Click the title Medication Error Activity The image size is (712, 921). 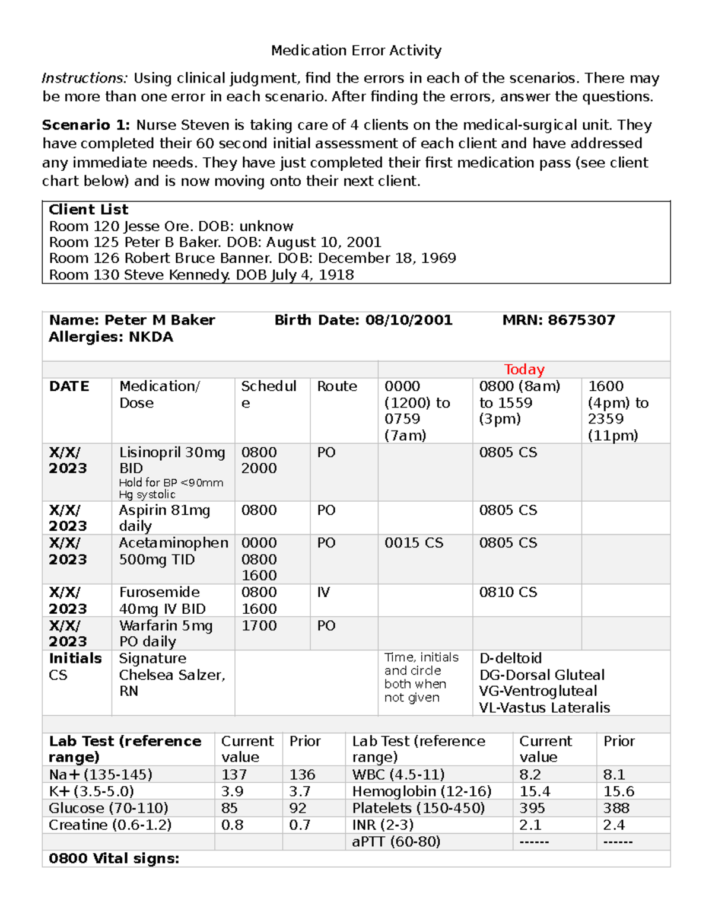click(x=356, y=51)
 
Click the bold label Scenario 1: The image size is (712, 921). click(x=85, y=125)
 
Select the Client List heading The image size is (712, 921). click(x=88, y=210)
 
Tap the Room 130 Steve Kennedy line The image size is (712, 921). click(x=201, y=275)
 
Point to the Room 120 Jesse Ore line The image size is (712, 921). click(x=171, y=227)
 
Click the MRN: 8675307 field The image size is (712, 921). click(x=558, y=320)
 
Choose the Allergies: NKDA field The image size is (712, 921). click(x=111, y=337)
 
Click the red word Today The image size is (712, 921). click(x=524, y=369)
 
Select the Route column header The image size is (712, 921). click(x=337, y=387)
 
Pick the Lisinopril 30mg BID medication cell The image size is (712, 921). click(x=171, y=460)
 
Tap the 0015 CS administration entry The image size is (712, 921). click(x=414, y=543)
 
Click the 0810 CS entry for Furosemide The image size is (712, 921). click(x=508, y=592)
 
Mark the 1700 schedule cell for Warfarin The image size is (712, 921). click(x=259, y=626)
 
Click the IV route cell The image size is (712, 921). click(x=323, y=592)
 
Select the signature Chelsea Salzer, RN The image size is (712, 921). click(x=171, y=675)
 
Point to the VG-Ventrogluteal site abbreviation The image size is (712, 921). click(x=538, y=691)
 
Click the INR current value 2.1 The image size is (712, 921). click(x=531, y=825)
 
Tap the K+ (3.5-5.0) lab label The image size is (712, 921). click(x=91, y=792)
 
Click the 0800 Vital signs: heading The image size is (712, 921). click(x=114, y=859)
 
